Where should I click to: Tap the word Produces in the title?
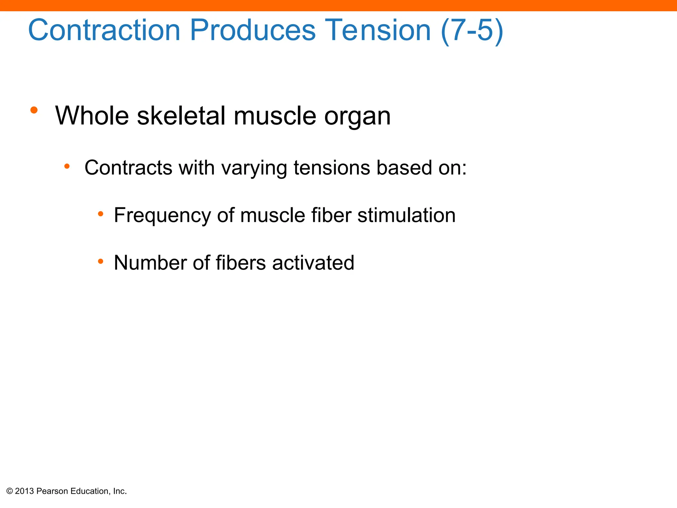tap(253, 30)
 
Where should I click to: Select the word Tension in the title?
tap(378, 30)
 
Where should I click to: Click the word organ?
tap(357, 117)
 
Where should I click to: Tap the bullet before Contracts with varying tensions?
tap(67, 166)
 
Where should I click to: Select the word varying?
tap(254, 169)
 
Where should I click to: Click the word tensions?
tap(332, 168)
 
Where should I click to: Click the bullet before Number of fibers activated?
tap(100, 262)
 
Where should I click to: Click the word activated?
tap(313, 263)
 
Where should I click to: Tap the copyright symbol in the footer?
tap(10, 491)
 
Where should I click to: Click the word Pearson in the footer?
tap(52, 491)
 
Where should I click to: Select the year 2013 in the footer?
tap(24, 491)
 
